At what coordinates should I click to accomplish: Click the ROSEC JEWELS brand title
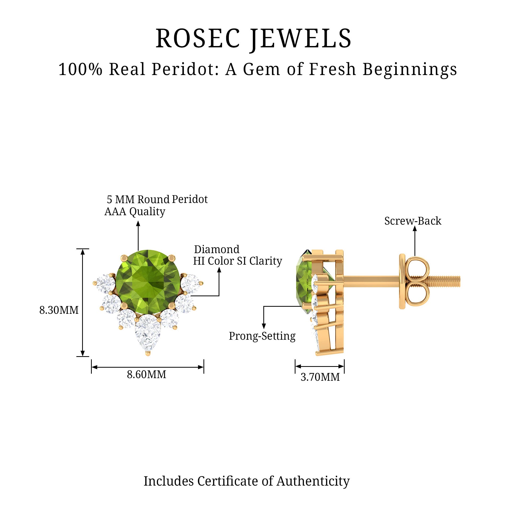[253, 39]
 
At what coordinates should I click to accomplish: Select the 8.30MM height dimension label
[59, 310]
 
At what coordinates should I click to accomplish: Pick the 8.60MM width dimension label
[146, 375]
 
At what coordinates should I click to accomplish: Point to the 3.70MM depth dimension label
[320, 377]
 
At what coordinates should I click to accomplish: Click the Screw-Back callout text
[413, 221]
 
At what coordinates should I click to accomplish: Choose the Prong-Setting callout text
[262, 336]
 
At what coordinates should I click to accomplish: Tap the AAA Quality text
[135, 212]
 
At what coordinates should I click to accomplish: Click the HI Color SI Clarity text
[237, 261]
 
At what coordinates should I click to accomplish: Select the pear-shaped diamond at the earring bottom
[148, 332]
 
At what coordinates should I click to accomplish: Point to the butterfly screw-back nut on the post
[414, 281]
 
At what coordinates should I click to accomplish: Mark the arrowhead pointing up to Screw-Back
[414, 229]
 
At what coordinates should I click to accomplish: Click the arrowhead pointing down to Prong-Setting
[264, 326]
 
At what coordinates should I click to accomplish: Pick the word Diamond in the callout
[217, 249]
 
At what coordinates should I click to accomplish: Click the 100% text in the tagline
[80, 69]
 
